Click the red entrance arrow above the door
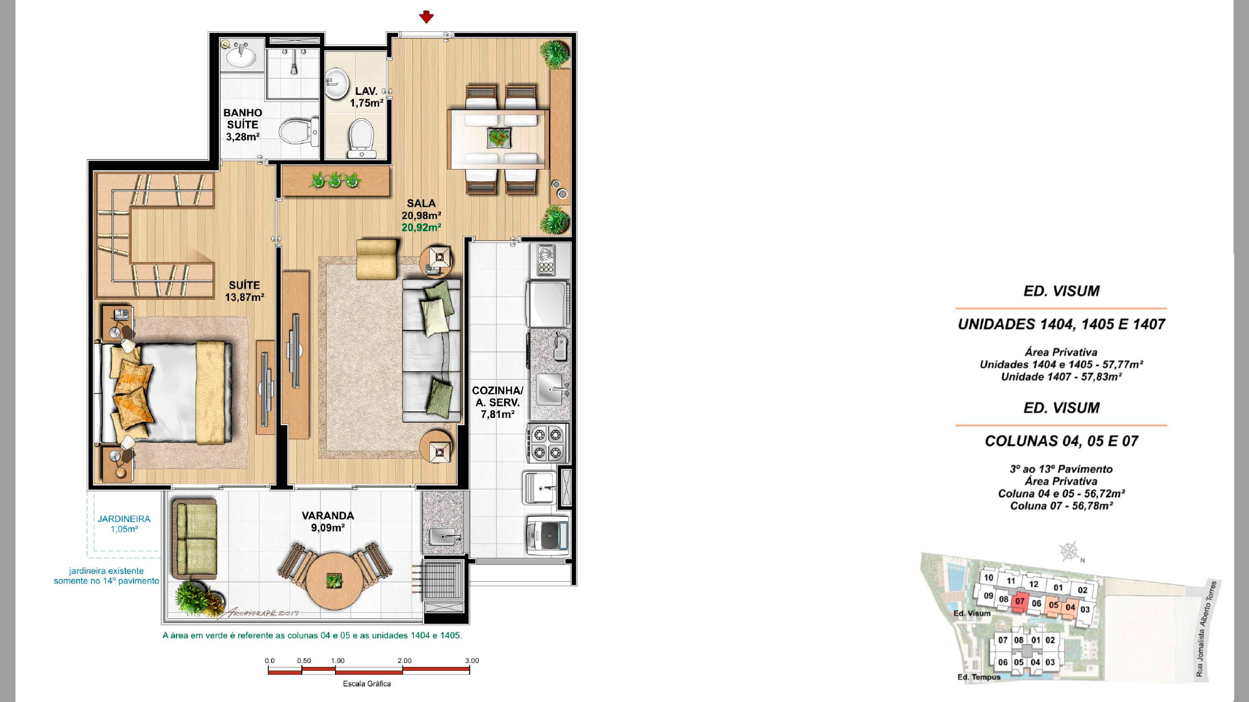pos(426,17)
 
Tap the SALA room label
pos(422,203)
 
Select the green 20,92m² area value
pos(422,227)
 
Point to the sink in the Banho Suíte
pos(242,56)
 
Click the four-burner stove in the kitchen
pos(548,443)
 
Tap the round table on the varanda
pos(334,580)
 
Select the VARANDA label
pos(328,516)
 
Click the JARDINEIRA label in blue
pos(124,519)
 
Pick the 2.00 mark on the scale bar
pos(405,660)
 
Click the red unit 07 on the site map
pos(1019,602)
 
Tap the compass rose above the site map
pos(1069,551)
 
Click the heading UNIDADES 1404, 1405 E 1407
pos(1062,324)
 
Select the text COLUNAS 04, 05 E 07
pos(1062,441)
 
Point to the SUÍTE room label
pos(245,285)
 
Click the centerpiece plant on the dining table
pos(499,137)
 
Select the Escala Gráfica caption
pos(367,684)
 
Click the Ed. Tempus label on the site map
pos(979,677)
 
